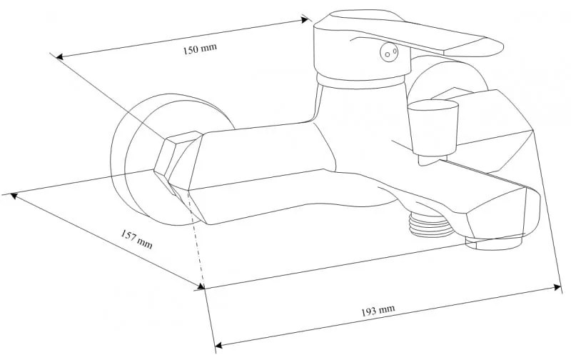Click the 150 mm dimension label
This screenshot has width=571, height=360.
pos(200,49)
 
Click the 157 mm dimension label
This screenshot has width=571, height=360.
pos(136,239)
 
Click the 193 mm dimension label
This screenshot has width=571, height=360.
pos(378,311)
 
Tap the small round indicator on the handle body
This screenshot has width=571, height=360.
pos(389,51)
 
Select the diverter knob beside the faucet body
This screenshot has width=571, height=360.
pos(433,128)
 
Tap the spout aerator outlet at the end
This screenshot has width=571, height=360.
pos(493,243)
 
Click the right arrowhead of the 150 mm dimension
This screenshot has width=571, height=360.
pos(305,20)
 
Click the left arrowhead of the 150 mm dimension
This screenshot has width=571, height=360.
pos(59,56)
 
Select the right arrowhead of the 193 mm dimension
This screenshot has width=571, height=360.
pos(557,287)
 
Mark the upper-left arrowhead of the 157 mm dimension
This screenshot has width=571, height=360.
pos(14,196)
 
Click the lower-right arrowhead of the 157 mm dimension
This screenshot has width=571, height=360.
pos(201,286)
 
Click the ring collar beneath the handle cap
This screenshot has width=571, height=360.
pos(361,81)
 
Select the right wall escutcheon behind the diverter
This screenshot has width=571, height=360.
pos(448,83)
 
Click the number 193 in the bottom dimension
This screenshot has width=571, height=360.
pos(368,312)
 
